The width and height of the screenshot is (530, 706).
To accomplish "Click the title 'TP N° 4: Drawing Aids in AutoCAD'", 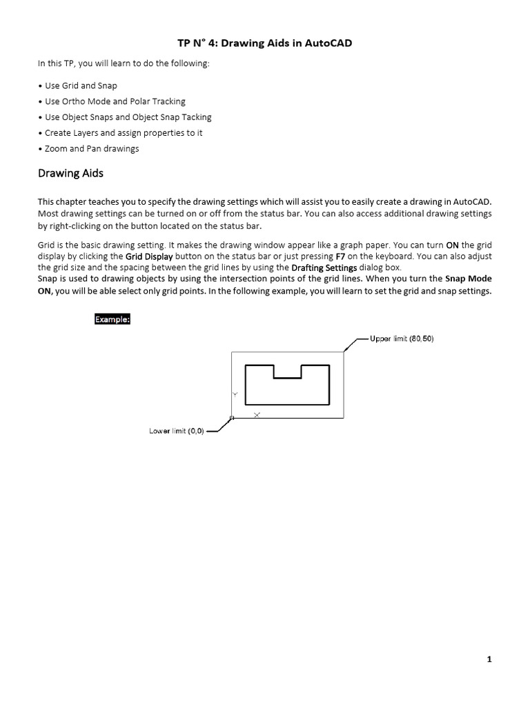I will [265, 44].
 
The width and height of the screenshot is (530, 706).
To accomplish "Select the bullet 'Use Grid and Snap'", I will [80, 85].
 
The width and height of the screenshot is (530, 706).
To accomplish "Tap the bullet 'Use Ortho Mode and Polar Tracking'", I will [115, 101].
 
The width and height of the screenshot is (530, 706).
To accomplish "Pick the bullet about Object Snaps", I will [128, 117].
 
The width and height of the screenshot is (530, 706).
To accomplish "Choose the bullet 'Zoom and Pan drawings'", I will [91, 148].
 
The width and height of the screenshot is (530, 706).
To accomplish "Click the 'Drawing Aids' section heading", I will [70, 173].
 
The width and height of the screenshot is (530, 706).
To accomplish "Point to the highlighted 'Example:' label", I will [112, 320].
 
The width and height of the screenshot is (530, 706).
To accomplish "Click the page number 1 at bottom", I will [489, 660].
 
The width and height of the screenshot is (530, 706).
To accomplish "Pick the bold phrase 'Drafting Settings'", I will [324, 268].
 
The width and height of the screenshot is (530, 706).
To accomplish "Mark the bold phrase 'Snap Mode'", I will [468, 279].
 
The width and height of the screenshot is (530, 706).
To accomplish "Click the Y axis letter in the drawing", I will [235, 394].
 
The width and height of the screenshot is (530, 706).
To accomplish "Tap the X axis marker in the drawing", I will [257, 414].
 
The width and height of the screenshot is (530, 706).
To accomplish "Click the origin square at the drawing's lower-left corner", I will [232, 418].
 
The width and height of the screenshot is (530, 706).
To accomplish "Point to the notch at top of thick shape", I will [288, 372].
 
